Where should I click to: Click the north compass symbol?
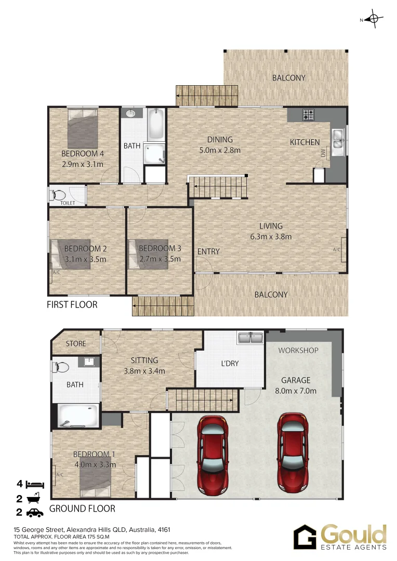click(373, 20)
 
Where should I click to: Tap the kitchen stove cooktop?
click(309, 114)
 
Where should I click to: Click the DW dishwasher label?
click(323, 153)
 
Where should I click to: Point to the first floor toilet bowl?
click(59, 196)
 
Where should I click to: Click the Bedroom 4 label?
click(83, 154)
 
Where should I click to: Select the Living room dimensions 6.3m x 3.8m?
click(271, 236)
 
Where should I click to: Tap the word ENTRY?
click(208, 251)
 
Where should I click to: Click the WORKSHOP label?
click(298, 350)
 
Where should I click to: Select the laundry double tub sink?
click(250, 338)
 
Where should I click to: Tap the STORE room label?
click(76, 344)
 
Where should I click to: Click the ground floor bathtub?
click(78, 415)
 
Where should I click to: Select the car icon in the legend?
click(34, 513)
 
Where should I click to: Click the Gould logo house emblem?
click(305, 537)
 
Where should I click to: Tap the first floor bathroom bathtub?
click(155, 123)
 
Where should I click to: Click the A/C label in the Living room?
click(337, 250)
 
